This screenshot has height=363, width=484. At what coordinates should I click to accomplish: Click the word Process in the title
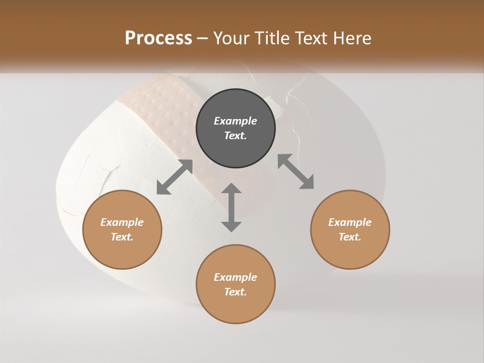(158, 38)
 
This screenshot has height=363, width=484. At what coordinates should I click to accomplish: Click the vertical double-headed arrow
(231, 207)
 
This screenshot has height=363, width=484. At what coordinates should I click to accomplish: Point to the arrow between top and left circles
(174, 177)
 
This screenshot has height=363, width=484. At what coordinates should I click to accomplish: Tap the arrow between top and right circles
(295, 171)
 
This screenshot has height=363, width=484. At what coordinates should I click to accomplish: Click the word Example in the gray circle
(235, 121)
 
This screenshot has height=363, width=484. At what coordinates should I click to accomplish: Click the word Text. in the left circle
(122, 237)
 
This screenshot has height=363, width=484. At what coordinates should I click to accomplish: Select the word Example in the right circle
(350, 222)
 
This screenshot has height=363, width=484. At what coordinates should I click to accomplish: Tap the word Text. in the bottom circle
(235, 292)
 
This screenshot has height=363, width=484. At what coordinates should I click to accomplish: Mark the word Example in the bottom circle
(235, 277)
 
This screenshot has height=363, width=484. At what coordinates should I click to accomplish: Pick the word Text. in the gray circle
(235, 136)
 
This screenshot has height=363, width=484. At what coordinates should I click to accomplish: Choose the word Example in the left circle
(122, 222)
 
